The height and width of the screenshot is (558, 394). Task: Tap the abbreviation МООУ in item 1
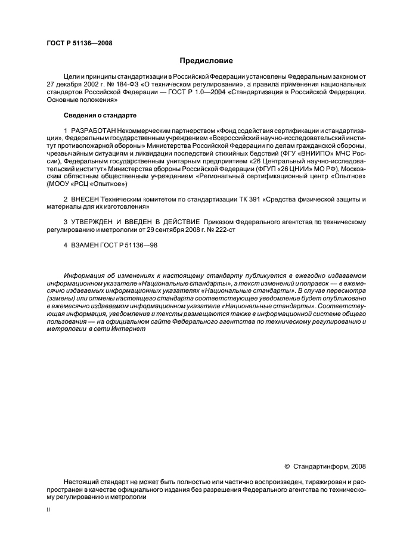click(58, 184)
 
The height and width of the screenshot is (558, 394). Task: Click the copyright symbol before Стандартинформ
click(287, 466)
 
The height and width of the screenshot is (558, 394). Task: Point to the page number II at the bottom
click(49, 510)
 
